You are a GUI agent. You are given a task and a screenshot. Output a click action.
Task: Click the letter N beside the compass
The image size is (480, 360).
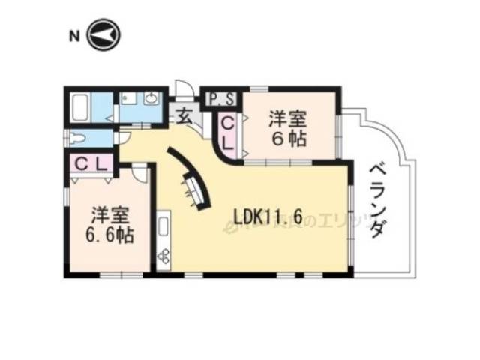pos(73,35)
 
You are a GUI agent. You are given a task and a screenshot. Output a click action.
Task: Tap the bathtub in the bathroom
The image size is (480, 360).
pos(80,108)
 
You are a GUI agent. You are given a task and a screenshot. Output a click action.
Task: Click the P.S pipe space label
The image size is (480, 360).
pos(222,98)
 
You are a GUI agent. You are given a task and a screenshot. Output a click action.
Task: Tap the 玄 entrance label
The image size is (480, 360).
pos(184,116)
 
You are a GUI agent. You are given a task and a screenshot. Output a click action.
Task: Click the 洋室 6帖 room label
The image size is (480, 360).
pos(289,128)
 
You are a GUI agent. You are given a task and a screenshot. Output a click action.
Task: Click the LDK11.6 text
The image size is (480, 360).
pos(268,217)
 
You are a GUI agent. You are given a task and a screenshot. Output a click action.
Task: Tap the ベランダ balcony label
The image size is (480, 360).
pos(377,199)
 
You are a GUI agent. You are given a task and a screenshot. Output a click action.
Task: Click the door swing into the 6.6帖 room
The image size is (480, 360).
pos(140,172)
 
